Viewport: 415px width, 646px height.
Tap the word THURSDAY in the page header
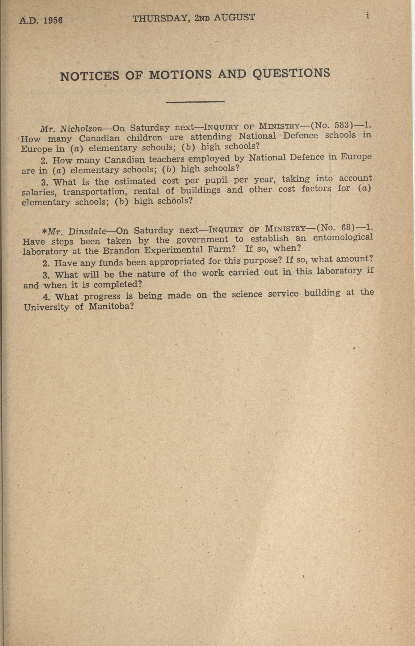(x=160, y=19)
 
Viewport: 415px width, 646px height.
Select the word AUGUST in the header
(x=234, y=18)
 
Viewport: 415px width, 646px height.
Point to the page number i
(x=367, y=16)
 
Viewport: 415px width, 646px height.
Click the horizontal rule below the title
(x=195, y=102)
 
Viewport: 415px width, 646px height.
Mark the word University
(x=46, y=307)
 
